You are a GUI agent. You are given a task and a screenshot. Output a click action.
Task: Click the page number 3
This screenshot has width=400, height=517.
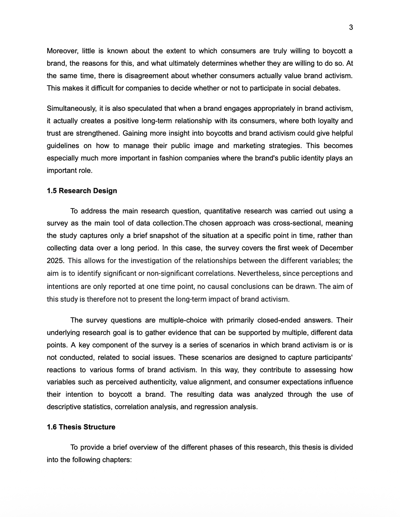[x=351, y=28]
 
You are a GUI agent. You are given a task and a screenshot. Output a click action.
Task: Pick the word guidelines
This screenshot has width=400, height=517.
[x=63, y=146]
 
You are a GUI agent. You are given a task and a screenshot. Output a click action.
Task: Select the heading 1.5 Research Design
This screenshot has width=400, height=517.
[x=82, y=191]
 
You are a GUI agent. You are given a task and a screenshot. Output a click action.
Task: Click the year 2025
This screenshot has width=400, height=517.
[x=55, y=260]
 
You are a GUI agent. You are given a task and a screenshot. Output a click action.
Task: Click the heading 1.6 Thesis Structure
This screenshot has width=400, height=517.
[x=81, y=427]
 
